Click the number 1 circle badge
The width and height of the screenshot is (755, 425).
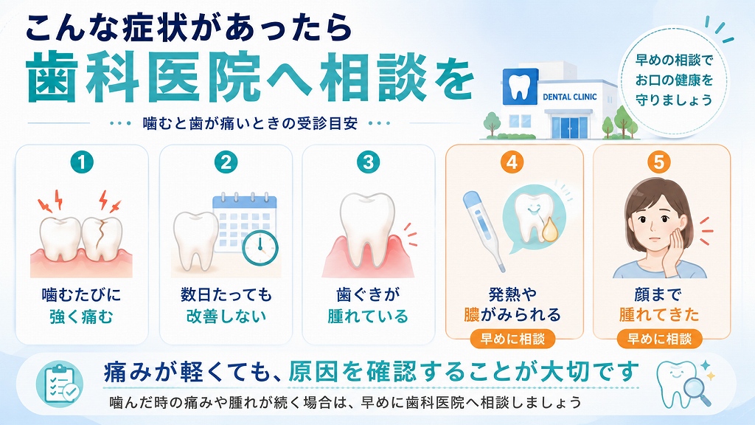[x=81, y=162]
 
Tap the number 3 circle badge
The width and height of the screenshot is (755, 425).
[x=369, y=162]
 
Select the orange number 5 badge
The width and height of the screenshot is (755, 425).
[x=658, y=162]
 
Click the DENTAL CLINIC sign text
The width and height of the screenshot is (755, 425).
[x=570, y=97]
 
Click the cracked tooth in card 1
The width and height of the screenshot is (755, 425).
[x=102, y=240]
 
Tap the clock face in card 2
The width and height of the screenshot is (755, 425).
[x=260, y=248]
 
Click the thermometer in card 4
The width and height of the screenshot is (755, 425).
[x=484, y=230]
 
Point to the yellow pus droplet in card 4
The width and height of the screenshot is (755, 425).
[x=549, y=231]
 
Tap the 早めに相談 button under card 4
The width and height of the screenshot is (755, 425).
[x=512, y=339]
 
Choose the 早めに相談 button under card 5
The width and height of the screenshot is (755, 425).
[x=659, y=339]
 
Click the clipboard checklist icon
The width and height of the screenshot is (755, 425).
[x=60, y=384]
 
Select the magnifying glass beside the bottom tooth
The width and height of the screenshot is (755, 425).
[x=697, y=391]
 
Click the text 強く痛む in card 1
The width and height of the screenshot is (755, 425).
[x=81, y=317]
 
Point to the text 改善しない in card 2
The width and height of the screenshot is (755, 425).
[x=226, y=316]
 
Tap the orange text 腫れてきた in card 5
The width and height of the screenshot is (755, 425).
[x=658, y=314]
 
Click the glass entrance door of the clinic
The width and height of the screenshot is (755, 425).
[x=570, y=127]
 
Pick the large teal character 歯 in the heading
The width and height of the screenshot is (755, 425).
[x=52, y=77]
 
